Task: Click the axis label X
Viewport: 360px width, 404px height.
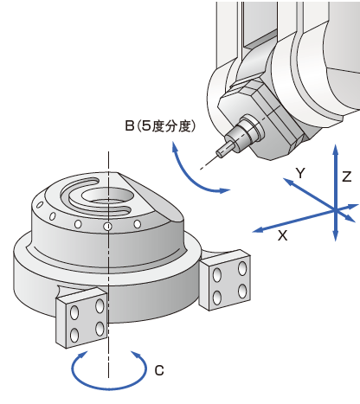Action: (x=283, y=235)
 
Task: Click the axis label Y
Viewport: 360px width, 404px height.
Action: (x=300, y=173)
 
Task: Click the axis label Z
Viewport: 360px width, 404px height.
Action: (x=347, y=176)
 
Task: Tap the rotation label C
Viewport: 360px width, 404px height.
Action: (x=159, y=370)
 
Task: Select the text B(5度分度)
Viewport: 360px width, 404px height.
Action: (x=160, y=126)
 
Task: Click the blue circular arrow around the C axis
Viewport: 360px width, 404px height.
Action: (x=109, y=388)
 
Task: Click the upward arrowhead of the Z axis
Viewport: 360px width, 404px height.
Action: (x=336, y=150)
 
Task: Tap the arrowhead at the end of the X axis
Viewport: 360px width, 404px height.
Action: (x=258, y=230)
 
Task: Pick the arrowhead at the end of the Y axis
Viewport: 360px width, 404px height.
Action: (x=287, y=182)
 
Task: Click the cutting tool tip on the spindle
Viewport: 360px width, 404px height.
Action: (x=219, y=153)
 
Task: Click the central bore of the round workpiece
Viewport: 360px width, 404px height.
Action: (x=107, y=196)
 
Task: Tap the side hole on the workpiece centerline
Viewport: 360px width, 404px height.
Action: (x=108, y=226)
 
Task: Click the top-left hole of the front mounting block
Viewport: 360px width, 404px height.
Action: (x=74, y=312)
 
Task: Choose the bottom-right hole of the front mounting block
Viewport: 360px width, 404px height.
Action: (x=100, y=329)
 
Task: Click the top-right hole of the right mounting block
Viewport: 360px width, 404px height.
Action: (x=242, y=268)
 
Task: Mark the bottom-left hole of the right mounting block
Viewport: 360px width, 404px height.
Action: (x=217, y=298)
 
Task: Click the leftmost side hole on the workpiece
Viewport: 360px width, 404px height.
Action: (x=40, y=205)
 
